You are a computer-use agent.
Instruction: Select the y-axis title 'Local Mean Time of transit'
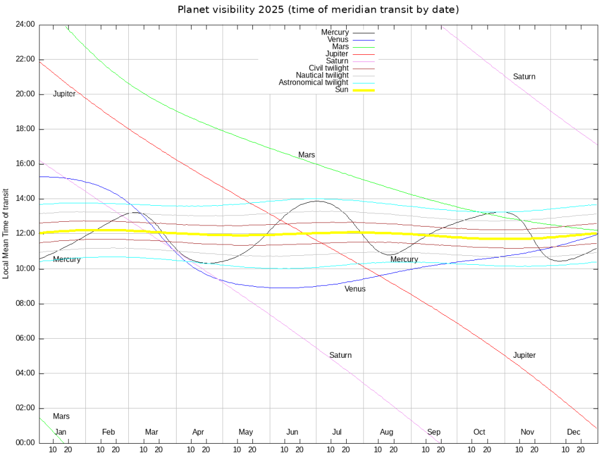click(x=6, y=233)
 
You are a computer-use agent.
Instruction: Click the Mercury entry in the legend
click(x=335, y=32)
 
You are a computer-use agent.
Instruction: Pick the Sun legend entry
click(x=342, y=89)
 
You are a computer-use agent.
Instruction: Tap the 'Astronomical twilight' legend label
click(x=314, y=82)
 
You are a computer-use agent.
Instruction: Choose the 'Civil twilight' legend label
click(x=329, y=68)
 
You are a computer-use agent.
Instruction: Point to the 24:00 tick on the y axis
click(x=26, y=24)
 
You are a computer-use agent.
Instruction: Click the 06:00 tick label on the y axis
click(x=26, y=338)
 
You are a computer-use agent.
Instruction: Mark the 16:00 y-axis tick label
click(x=26, y=163)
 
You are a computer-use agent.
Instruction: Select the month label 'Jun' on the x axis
click(x=292, y=432)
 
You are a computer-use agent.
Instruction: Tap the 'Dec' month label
click(x=573, y=432)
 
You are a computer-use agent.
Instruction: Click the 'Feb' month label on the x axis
click(x=108, y=432)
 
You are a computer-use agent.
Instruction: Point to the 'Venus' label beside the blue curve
click(x=355, y=289)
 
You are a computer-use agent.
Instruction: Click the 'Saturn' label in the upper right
click(x=524, y=76)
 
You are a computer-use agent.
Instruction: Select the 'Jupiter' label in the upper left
click(x=64, y=94)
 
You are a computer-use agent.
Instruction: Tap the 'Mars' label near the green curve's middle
click(x=307, y=155)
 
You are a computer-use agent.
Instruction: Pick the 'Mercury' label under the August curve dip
click(x=404, y=259)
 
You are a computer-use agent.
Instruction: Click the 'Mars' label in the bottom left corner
click(x=61, y=416)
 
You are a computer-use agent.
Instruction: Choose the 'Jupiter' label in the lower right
click(x=524, y=355)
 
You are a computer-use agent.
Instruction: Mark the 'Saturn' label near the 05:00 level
click(x=340, y=355)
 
